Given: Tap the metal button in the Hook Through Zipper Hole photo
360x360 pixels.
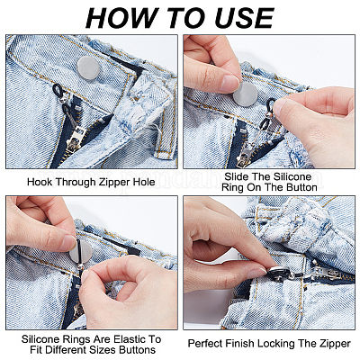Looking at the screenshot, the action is pyautogui.click(x=88, y=67).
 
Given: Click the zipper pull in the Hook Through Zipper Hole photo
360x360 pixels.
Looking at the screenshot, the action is pyautogui.click(x=73, y=139).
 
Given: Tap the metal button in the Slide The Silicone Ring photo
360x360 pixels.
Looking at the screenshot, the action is pyautogui.click(x=247, y=94).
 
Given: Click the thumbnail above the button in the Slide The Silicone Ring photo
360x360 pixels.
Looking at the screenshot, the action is pyautogui.click(x=230, y=84).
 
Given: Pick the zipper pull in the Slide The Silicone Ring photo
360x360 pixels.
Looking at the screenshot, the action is pyautogui.click(x=246, y=155).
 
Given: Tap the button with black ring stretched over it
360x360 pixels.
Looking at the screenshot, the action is pyautogui.click(x=81, y=252).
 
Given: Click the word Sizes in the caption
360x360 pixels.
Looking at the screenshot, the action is pyautogui.click(x=103, y=350).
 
